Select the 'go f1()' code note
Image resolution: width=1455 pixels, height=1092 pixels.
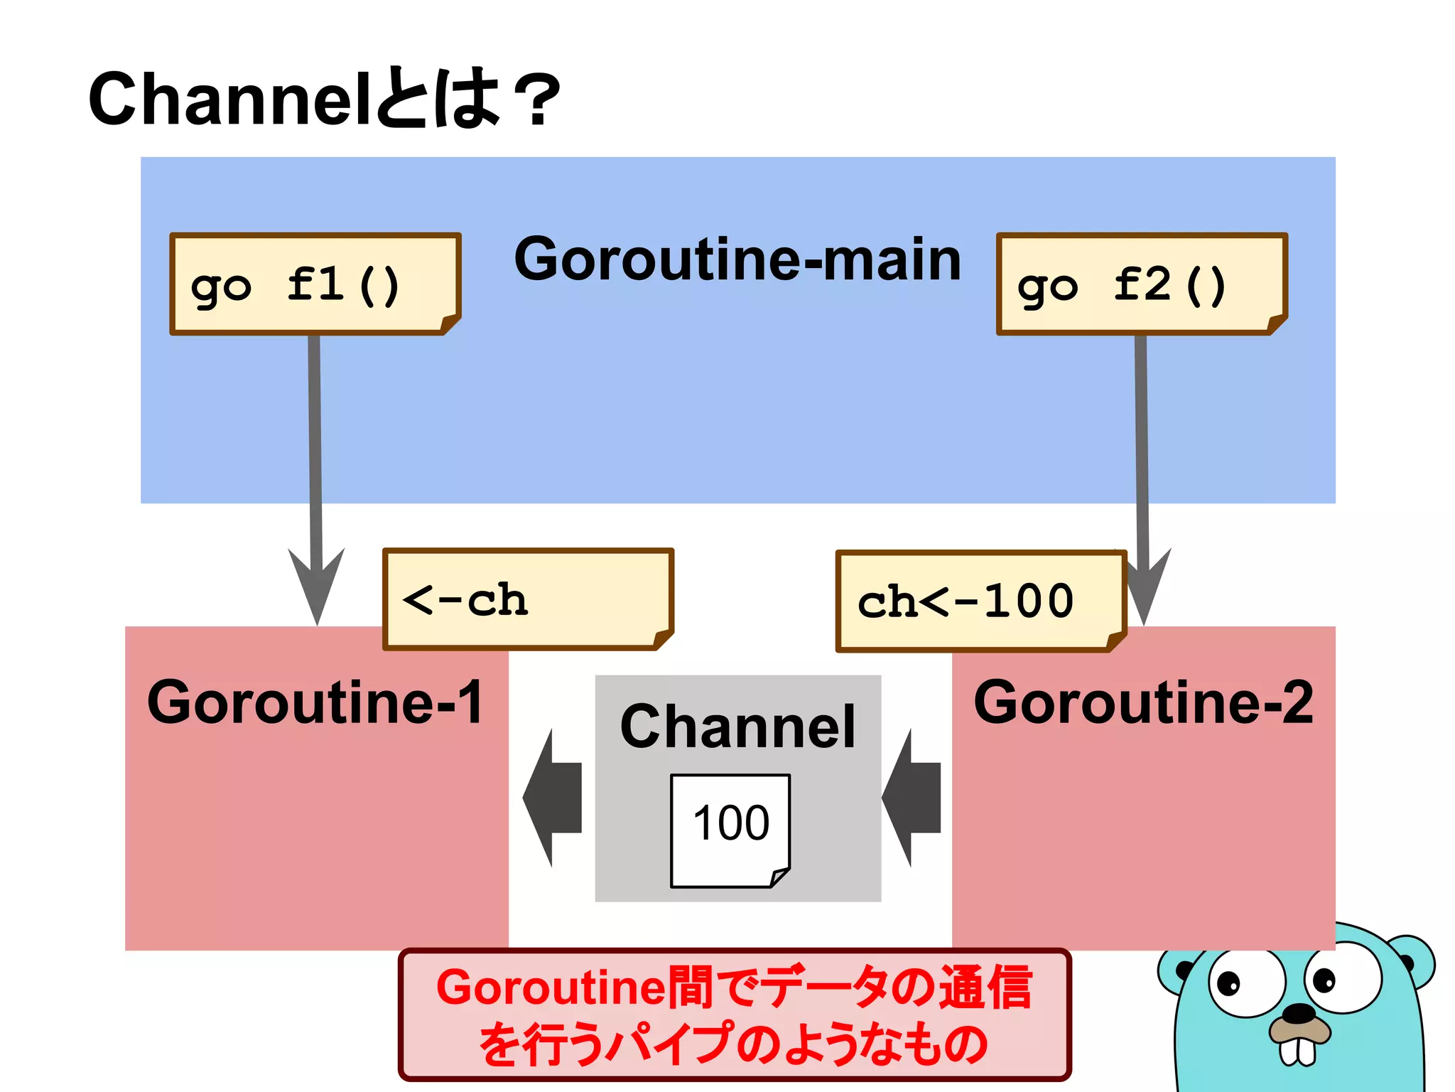point(315,284)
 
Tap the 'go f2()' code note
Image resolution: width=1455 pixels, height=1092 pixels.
point(1141,284)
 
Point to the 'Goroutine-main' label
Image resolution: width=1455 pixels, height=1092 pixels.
point(737,259)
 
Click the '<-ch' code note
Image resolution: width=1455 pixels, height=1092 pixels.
point(527,599)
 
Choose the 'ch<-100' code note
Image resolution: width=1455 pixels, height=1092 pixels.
point(980,601)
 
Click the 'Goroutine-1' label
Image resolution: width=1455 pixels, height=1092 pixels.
point(315,702)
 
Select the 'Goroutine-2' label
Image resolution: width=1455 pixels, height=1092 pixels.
point(1142,702)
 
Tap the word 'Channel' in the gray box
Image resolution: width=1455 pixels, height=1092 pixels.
point(737,727)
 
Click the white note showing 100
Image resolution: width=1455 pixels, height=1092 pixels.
point(730,829)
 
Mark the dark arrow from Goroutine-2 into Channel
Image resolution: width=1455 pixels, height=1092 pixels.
point(913,798)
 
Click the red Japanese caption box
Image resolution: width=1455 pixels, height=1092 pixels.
point(734,1015)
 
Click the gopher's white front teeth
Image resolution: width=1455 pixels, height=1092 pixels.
point(1298,1051)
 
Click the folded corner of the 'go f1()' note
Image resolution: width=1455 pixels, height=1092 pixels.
point(450,324)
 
